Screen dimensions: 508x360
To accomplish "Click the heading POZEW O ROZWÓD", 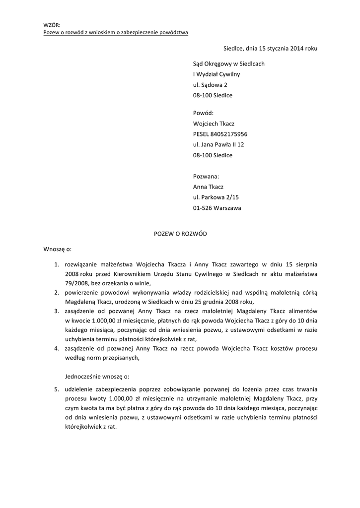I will [180, 234].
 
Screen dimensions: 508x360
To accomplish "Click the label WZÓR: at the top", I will [51, 25].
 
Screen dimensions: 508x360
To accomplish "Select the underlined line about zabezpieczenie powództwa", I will [115, 32].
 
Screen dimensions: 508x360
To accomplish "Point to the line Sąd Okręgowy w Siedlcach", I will [228, 64].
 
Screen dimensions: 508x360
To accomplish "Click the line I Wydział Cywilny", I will [216, 74].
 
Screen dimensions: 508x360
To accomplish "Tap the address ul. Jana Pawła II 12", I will [218, 144].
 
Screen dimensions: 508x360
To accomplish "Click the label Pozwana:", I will [206, 176].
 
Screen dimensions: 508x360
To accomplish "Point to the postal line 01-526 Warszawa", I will [217, 208].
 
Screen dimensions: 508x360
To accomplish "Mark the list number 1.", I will [57, 264].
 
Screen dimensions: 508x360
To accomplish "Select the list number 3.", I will [57, 311].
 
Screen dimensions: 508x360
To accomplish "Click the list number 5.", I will [57, 388].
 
